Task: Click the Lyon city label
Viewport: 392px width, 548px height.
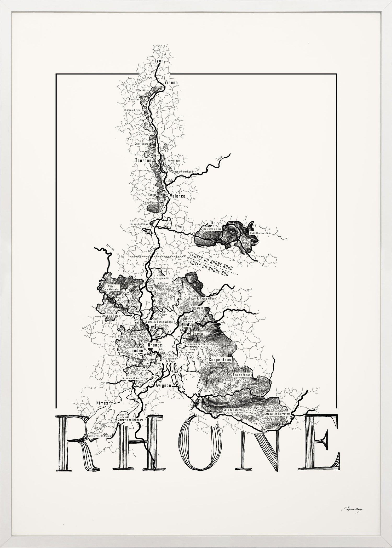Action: coord(159,61)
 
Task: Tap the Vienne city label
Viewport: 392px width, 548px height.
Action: coord(171,83)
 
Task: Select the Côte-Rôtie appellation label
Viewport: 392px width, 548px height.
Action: coord(142,90)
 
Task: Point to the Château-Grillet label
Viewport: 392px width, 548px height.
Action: coord(132,110)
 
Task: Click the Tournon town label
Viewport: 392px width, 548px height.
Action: coord(142,160)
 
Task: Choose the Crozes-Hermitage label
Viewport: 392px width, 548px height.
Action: coord(182,172)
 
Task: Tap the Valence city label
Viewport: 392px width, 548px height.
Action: coord(177,196)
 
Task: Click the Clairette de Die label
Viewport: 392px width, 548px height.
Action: coord(212,229)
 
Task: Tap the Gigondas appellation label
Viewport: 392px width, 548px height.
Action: coord(198,334)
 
